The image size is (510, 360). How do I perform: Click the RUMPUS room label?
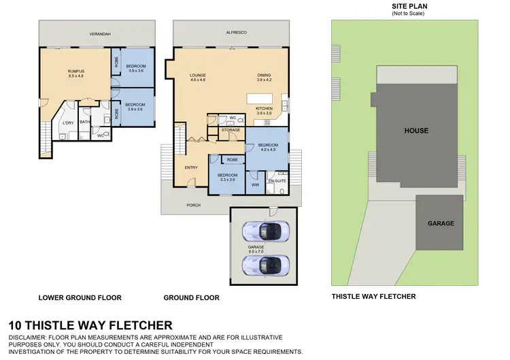click(75, 73)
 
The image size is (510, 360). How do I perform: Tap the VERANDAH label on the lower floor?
click(99, 33)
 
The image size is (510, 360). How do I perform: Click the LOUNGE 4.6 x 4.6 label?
click(198, 78)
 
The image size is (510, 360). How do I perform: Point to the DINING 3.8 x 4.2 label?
click(265, 78)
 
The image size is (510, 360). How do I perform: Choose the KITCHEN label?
click(264, 111)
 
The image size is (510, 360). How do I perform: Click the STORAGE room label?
click(231, 129)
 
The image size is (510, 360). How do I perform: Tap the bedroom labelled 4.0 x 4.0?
click(268, 148)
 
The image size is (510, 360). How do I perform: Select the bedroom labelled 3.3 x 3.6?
click(226, 177)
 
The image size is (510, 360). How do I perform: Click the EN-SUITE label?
click(276, 182)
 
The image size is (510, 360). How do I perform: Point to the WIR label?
click(255, 184)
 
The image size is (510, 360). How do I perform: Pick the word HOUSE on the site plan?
click(415, 130)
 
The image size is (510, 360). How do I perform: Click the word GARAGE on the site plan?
click(441, 223)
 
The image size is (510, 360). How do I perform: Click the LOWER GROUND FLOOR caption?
click(80, 297)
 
